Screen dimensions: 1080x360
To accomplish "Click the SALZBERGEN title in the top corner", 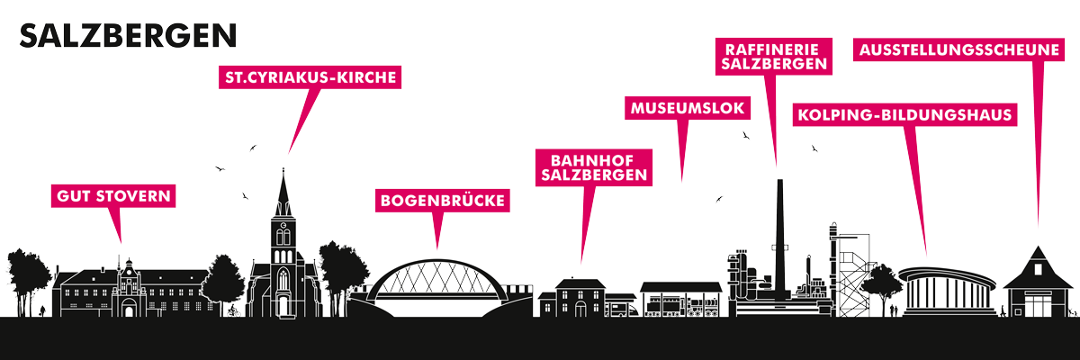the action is [128, 36].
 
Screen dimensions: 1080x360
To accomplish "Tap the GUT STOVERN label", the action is [113, 196].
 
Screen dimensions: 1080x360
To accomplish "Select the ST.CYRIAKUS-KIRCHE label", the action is [310, 77].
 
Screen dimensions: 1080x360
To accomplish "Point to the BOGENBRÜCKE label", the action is [443, 201].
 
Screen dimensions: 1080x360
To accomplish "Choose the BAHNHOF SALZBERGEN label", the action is [594, 167].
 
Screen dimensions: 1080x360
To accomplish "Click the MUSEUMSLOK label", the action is [688, 108].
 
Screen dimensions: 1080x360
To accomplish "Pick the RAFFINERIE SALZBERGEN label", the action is [774, 57].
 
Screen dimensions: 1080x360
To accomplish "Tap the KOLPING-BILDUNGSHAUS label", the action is [905, 114].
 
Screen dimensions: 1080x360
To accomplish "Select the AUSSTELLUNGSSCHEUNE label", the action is [959, 49].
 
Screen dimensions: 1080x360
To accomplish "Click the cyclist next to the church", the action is [234, 310].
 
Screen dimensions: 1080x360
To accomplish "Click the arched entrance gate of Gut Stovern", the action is [129, 308].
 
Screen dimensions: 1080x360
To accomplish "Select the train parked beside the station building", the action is [622, 309].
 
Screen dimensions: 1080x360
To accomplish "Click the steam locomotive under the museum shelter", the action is [704, 307].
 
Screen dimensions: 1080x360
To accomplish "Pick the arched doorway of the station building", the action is [580, 309].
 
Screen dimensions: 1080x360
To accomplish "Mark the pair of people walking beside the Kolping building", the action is [894, 310].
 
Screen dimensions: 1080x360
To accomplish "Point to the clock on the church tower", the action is [283, 226].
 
